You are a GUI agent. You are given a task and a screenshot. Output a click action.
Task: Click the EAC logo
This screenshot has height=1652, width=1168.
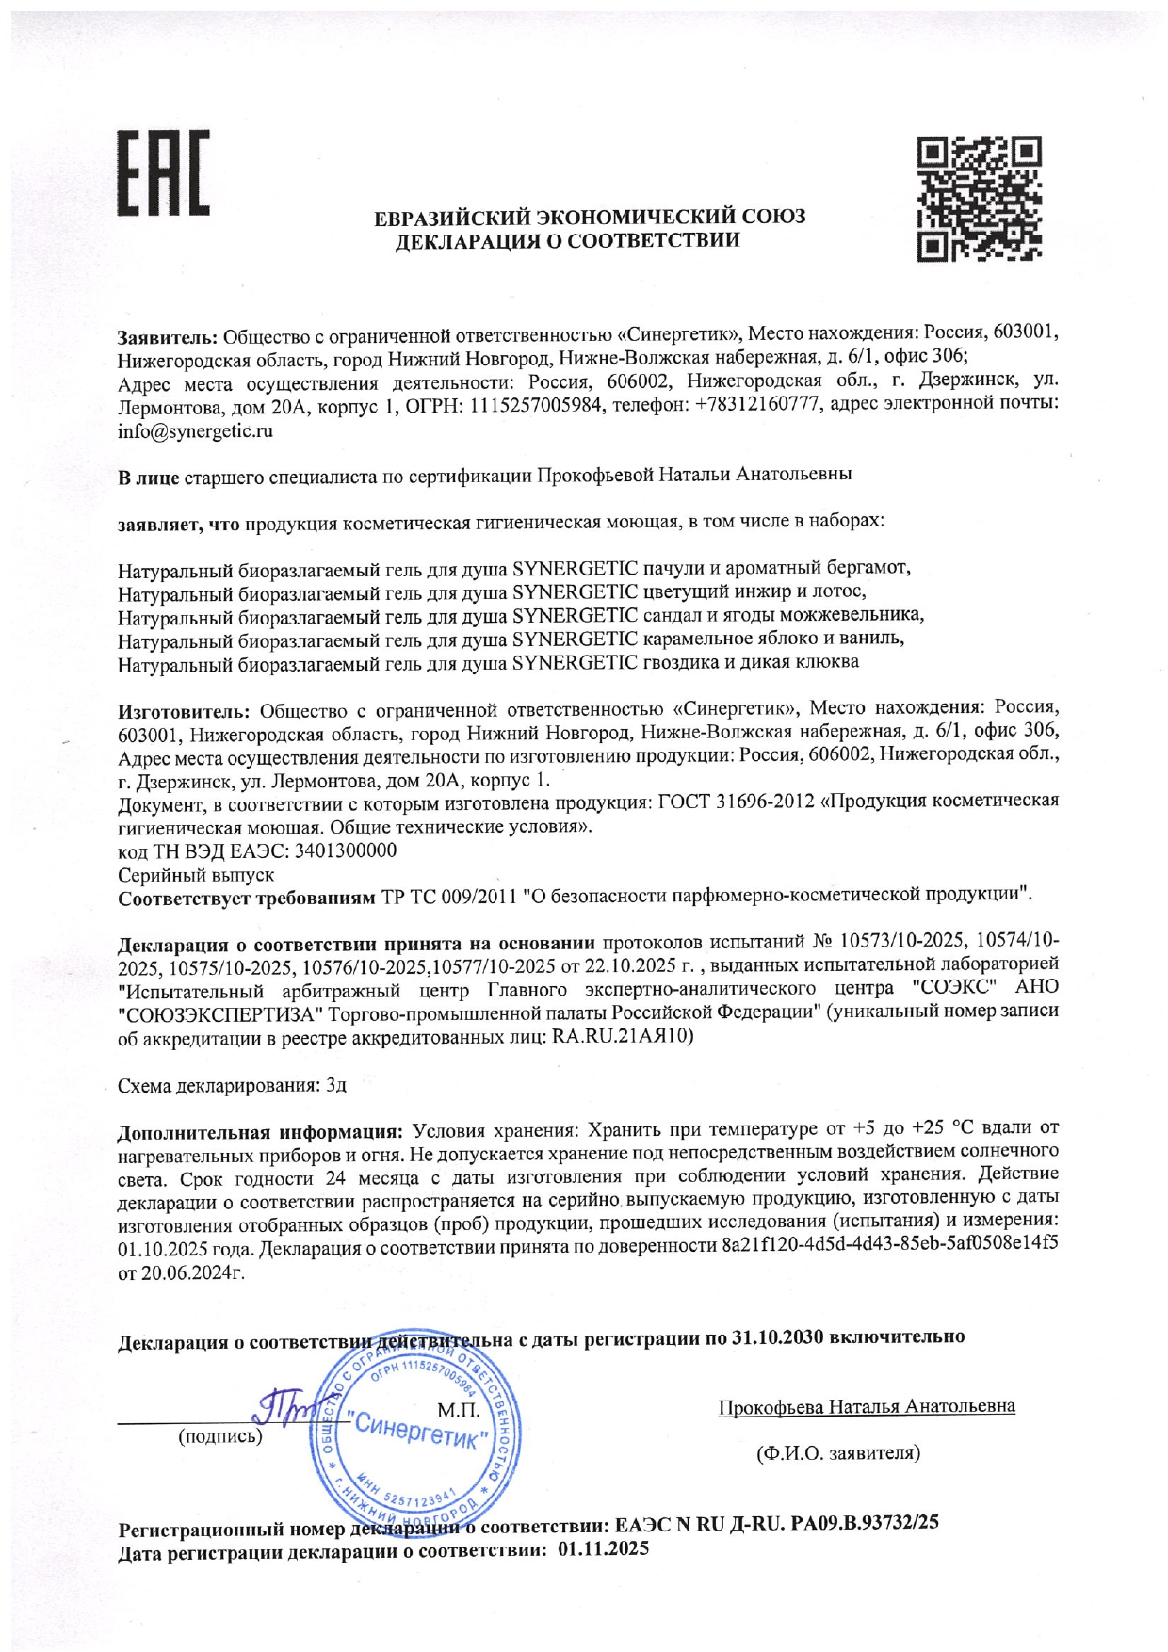tap(163, 171)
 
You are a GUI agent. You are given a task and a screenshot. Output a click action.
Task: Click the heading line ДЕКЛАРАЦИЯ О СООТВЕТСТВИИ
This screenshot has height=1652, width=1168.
tap(567, 241)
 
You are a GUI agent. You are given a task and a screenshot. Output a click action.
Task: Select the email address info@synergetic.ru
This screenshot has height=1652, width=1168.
tap(195, 432)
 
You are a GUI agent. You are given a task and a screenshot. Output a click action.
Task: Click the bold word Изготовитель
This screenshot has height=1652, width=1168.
tap(184, 709)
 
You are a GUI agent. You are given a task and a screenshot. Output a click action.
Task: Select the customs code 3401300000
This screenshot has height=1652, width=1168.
tap(345, 851)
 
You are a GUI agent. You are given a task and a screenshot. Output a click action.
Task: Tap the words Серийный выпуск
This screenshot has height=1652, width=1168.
tap(196, 875)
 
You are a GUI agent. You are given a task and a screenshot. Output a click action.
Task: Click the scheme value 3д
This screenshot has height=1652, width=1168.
tap(336, 1086)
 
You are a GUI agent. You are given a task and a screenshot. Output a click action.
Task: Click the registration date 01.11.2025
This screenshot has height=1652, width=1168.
tap(603, 1548)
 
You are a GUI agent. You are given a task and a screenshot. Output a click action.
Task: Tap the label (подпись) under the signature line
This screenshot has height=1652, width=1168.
tap(220, 1436)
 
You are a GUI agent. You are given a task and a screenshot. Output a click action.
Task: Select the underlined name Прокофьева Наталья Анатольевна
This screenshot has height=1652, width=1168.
tap(867, 1407)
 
